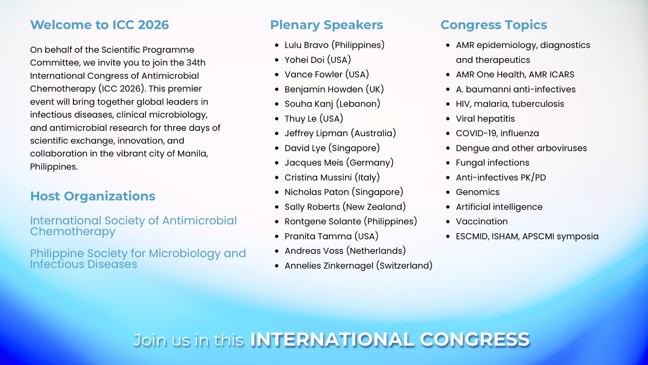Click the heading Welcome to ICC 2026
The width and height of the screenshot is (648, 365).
100,25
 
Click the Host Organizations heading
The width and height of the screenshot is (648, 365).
93,196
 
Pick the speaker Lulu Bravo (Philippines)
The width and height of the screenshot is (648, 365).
335,45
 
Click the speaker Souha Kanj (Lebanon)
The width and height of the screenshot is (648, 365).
333,104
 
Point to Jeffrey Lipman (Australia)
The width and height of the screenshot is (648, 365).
340,133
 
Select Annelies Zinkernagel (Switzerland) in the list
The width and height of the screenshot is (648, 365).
358,266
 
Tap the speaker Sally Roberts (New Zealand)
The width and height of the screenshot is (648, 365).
345,207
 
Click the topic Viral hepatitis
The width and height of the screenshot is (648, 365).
486,119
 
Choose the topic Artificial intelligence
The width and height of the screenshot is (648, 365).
499,207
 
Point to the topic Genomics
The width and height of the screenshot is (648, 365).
477,192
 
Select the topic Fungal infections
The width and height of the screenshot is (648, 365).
492,163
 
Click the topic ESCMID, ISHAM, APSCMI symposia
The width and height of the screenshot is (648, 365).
527,236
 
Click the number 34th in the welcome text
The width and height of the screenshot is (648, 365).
196,62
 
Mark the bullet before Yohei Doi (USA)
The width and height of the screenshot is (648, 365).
277,60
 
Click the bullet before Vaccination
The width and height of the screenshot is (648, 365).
448,221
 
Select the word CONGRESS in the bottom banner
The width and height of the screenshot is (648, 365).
475,339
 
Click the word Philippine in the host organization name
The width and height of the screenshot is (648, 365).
57,254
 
